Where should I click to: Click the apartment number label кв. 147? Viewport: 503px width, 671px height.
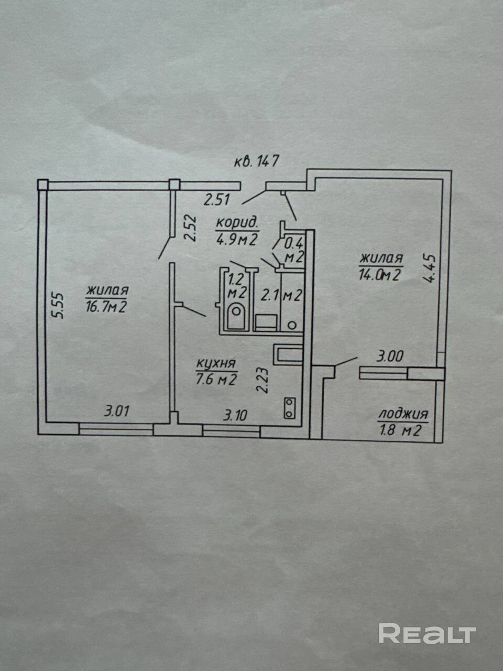point(256,160)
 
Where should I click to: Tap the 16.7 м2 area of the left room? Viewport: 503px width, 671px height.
point(106,307)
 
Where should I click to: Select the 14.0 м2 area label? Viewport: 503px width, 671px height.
point(379,274)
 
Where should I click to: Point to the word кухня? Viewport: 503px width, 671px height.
point(216,363)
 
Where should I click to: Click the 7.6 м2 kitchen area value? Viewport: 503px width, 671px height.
point(216,380)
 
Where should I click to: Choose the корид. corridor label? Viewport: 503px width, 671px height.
point(237,222)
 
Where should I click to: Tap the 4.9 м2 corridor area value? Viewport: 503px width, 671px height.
point(237,239)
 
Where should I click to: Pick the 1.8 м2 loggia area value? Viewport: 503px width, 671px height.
point(403,431)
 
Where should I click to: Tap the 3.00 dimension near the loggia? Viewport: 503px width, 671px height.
point(390,358)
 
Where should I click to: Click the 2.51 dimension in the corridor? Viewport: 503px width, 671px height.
point(217,199)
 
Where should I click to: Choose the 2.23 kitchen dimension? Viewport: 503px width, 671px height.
point(264,380)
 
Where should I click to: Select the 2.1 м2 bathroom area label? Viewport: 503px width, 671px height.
point(281,296)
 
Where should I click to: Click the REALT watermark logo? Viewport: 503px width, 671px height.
point(427,633)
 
